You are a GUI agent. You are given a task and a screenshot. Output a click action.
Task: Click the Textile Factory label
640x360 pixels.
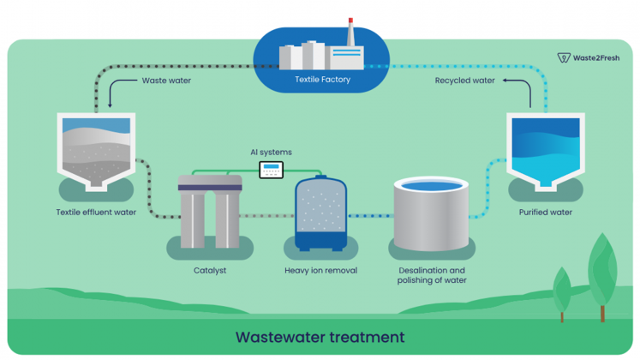click(322, 80)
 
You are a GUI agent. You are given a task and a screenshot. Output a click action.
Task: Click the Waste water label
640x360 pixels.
click(166, 81)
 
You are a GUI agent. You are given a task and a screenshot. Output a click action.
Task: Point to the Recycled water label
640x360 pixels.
click(464, 81)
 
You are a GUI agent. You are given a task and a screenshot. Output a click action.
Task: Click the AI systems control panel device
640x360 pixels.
click(272, 170)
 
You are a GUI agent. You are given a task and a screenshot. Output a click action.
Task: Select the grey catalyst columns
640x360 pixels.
click(210, 211)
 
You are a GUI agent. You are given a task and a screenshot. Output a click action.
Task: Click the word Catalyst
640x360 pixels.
click(210, 271)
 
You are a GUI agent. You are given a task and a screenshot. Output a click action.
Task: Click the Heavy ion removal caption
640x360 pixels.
click(320, 271)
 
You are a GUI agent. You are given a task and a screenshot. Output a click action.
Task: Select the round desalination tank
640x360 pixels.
click(431, 213)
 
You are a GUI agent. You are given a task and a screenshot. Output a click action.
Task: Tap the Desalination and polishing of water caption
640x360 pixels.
click(432, 275)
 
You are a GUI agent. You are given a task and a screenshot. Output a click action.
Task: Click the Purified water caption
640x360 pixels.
click(545, 212)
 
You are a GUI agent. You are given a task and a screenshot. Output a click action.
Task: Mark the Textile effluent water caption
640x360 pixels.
click(96, 212)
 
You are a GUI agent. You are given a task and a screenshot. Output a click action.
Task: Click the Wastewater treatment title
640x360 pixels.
click(320, 337)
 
